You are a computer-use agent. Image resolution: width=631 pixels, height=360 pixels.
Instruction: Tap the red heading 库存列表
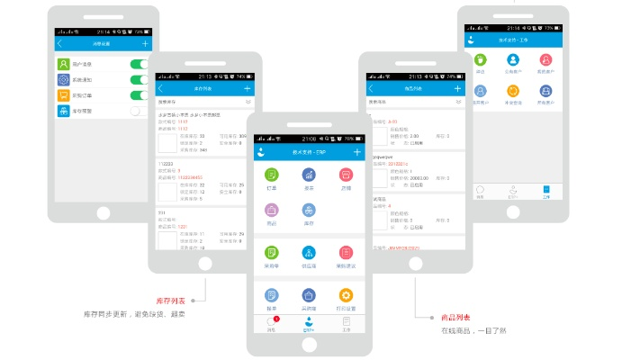point(170,301)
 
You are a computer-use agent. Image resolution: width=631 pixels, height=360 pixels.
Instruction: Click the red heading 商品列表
point(455,318)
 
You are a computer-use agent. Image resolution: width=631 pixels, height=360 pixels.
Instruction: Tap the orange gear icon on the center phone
point(346,295)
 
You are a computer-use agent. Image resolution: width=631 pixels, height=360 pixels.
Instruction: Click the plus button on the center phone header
point(356,153)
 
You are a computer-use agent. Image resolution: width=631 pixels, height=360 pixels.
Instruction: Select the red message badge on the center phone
point(275,319)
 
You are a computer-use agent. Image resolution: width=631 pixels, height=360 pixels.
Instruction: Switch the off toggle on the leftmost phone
point(139,112)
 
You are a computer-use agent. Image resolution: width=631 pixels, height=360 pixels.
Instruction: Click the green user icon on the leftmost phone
point(64,64)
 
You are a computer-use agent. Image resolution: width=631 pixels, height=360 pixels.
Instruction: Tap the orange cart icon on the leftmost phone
point(64,95)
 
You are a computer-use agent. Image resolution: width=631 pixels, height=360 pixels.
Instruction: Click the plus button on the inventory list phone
point(247,89)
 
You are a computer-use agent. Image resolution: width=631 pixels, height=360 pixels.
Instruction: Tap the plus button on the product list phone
point(457,89)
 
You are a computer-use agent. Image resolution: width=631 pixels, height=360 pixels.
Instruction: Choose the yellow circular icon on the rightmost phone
point(513,90)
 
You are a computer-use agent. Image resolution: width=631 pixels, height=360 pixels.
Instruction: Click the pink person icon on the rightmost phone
point(545,60)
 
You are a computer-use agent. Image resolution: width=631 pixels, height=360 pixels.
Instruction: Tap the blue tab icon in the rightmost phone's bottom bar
point(545,191)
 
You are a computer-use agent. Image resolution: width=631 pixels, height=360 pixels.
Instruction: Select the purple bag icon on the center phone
point(308,295)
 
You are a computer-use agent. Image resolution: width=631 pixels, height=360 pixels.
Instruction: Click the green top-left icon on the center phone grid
point(271,174)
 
